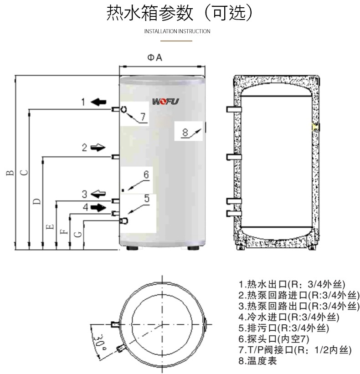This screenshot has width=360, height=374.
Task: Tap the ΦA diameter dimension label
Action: pyautogui.click(x=154, y=58)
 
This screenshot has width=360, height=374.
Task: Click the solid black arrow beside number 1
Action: pyautogui.click(x=98, y=102)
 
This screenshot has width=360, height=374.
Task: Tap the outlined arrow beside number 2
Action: pyautogui.click(x=98, y=147)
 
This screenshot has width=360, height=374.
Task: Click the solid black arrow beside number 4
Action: pyautogui.click(x=98, y=207)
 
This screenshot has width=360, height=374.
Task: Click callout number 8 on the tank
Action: pyautogui.click(x=185, y=133)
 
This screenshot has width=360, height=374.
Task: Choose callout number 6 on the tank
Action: pyautogui.click(x=146, y=174)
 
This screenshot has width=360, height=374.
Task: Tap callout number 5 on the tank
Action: pyautogui.click(x=147, y=198)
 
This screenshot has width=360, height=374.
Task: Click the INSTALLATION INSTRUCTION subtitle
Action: pyautogui.click(x=177, y=31)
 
